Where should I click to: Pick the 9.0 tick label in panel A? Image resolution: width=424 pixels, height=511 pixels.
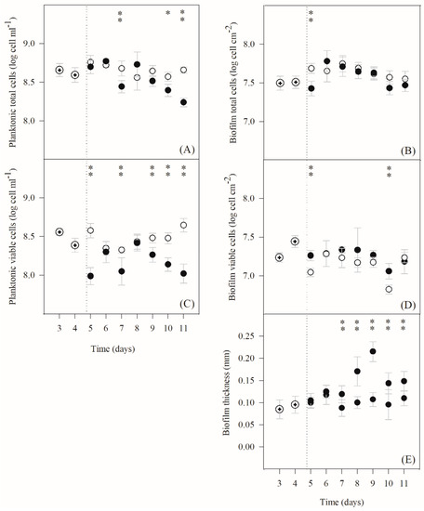click(46, 44)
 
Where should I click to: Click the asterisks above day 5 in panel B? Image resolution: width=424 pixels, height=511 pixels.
click(311, 15)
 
